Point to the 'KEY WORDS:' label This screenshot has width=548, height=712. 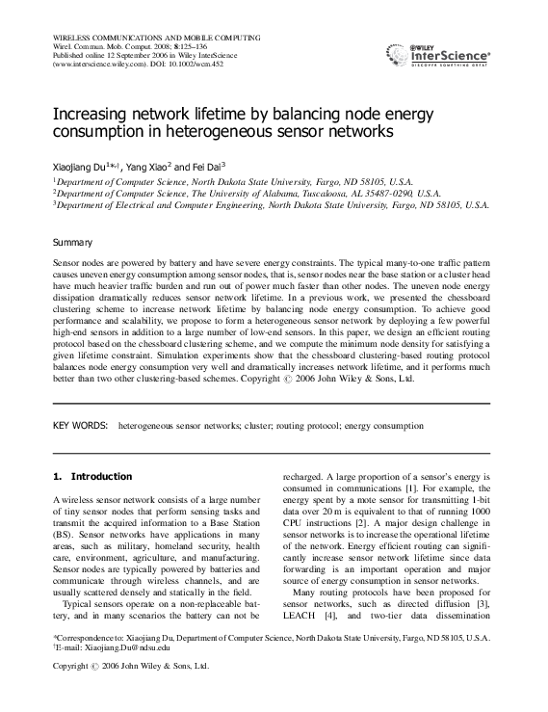(79, 424)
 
